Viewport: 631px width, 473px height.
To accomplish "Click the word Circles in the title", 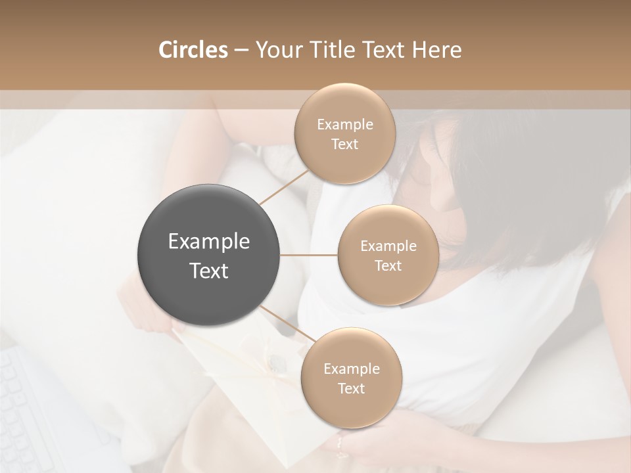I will tap(193, 50).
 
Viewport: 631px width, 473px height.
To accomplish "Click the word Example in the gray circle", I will tap(209, 241).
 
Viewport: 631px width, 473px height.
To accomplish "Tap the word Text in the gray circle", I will tap(209, 270).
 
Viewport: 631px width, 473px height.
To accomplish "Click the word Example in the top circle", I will tap(344, 124).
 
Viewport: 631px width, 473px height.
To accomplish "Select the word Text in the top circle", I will tap(344, 144).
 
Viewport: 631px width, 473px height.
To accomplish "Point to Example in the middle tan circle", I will tap(388, 246).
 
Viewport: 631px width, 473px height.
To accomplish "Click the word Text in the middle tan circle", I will tap(388, 265).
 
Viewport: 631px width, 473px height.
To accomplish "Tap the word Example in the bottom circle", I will tap(351, 369).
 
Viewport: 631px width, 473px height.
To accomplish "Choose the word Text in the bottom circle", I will tap(351, 388).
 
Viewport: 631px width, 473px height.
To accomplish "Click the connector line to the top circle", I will tap(284, 187).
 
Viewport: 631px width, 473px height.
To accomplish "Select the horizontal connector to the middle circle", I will tap(309, 255).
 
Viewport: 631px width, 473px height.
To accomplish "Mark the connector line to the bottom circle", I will tap(287, 323).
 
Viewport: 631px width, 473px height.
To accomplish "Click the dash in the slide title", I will tap(241, 51).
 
